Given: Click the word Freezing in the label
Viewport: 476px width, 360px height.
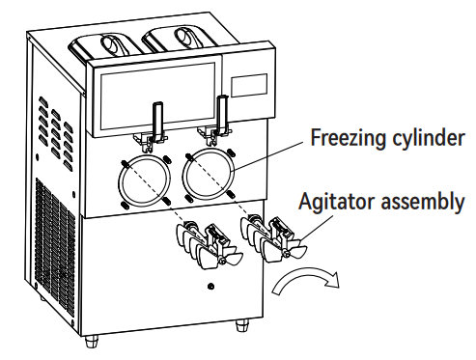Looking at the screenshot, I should click(x=344, y=138).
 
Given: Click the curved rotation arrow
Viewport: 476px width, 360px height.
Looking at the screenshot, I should click(x=305, y=280).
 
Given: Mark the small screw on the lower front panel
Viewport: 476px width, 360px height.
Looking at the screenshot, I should click(x=210, y=288).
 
